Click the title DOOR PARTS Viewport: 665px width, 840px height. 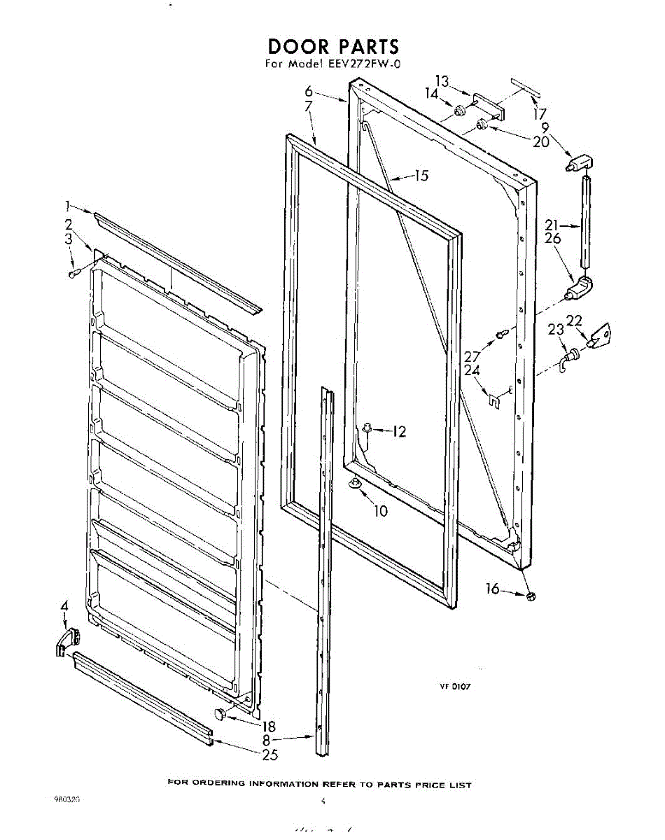click(333, 47)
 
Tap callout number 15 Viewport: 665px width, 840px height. click(421, 176)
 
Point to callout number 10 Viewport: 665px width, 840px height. click(380, 511)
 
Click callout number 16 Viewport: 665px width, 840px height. click(493, 589)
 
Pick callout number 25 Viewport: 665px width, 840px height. click(269, 755)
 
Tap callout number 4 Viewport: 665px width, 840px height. click(64, 605)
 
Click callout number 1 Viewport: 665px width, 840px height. click(68, 206)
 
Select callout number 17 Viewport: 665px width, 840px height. click(539, 112)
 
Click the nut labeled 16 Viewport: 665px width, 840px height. click(530, 596)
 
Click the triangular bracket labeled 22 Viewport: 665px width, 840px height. click(599, 337)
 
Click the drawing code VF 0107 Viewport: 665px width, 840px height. click(455, 687)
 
